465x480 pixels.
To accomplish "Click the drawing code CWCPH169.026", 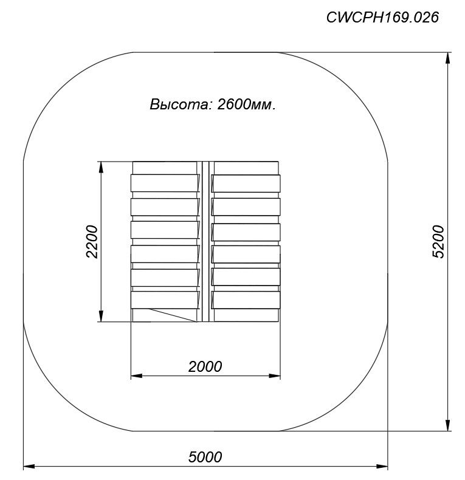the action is tap(382, 17).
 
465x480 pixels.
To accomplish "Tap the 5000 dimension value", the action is tap(205, 457).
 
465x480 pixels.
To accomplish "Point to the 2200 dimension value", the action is tap(92, 242).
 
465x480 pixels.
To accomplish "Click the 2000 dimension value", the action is tap(205, 366).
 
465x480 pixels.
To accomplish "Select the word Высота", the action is tap(179, 105).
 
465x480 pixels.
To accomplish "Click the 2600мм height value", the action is tap(246, 105).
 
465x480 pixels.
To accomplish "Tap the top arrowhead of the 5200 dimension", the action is tap(448, 58).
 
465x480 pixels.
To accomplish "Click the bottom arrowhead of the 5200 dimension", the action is tap(448, 425).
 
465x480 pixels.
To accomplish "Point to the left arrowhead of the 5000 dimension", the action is tap(29, 467).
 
